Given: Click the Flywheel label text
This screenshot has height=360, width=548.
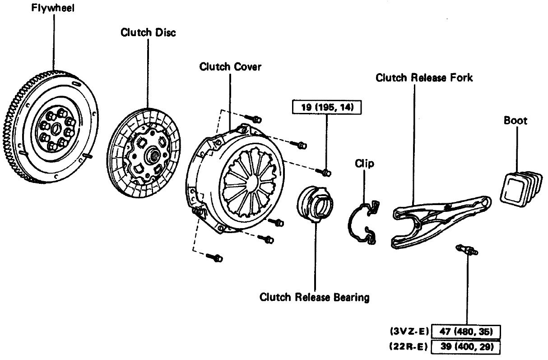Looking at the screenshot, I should (53, 9).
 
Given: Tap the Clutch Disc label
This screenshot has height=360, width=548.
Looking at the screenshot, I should (148, 33).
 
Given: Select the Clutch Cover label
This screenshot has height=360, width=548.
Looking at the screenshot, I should (230, 67).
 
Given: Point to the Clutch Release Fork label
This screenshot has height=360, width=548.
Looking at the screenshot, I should (424, 78).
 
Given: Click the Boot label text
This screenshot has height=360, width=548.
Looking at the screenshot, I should (515, 121).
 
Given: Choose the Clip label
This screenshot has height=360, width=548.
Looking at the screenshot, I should (364, 164).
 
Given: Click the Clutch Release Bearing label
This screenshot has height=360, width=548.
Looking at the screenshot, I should (314, 297).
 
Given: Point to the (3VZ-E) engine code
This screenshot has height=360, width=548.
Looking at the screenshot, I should (409, 331).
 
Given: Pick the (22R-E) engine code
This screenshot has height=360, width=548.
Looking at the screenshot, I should (409, 347).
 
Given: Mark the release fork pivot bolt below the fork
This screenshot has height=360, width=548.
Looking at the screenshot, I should (468, 249).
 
